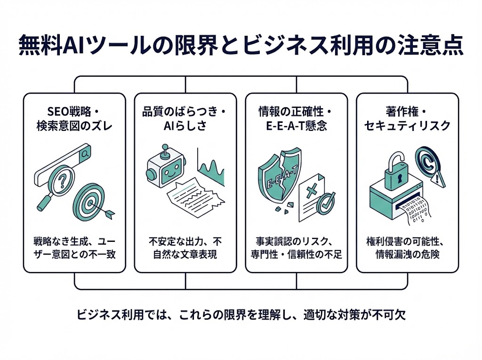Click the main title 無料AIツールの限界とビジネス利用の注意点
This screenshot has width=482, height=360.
(x=241, y=47)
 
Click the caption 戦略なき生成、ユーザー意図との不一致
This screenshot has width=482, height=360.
(x=74, y=248)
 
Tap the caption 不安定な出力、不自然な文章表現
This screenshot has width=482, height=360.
(x=185, y=248)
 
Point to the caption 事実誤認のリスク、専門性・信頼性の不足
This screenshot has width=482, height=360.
(x=296, y=248)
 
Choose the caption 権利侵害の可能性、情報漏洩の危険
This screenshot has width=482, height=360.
(x=408, y=248)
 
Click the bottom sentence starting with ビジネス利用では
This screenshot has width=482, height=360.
(x=241, y=314)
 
